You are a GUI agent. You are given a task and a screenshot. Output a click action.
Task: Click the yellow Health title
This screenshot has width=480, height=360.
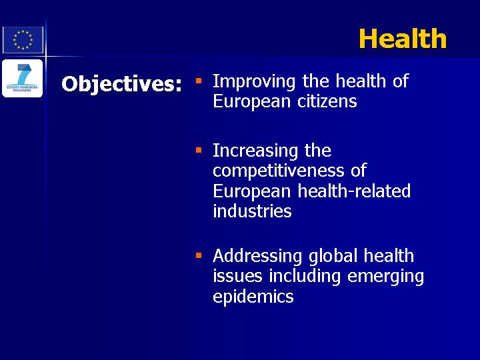pos(403,39)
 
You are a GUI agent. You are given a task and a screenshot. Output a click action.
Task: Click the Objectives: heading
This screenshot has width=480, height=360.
pos(121,84)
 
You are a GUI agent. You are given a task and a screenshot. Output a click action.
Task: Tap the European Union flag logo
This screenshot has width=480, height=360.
pos(23,40)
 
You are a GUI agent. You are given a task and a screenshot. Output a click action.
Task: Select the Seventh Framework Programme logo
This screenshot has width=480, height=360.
pos(23,79)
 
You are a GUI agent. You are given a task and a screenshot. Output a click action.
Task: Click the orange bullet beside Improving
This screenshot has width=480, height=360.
pos(199,81)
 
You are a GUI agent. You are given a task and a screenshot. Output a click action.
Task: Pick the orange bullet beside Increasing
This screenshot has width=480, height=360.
pos(199,150)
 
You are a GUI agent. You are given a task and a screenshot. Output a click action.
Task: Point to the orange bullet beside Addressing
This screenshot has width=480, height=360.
pos(199,255)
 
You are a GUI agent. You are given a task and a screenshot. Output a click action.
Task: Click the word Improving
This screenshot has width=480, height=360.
pos(254,82)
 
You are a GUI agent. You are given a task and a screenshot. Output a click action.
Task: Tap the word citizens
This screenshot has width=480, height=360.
pos(327,101)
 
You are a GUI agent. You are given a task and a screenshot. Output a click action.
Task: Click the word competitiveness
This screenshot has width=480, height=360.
pos(279,171)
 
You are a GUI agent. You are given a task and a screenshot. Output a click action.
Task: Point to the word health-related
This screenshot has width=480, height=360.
pos(354,191)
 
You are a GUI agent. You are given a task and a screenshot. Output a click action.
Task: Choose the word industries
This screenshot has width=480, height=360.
pos(252,211)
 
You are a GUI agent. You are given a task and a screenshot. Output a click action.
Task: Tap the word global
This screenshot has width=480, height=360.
pos(333,257)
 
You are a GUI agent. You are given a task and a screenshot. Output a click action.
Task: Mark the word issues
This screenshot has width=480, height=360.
pos(237,276)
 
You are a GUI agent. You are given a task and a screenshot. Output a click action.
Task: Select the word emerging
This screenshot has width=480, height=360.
pos(386,277)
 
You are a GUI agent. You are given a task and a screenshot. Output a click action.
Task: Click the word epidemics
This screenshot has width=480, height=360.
pos(253,297)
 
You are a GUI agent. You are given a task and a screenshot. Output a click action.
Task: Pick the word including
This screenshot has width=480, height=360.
pos(305,277)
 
